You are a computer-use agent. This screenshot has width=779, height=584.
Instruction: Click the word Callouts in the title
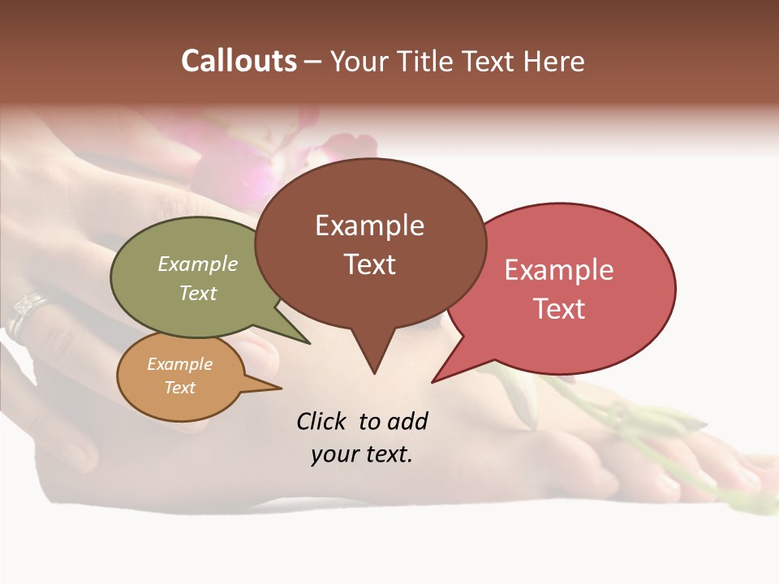(x=239, y=61)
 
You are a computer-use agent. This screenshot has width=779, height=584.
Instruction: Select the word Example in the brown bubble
(x=369, y=225)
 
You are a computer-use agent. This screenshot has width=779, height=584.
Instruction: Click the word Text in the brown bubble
(x=369, y=264)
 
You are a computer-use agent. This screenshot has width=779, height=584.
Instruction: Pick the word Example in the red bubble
(x=559, y=270)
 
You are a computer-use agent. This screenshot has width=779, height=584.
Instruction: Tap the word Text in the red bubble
(x=559, y=309)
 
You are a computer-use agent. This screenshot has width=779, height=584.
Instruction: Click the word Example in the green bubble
(x=198, y=264)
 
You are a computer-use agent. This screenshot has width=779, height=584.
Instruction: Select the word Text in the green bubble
(x=198, y=293)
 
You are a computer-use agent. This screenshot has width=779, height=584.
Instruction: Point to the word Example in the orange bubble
(x=179, y=364)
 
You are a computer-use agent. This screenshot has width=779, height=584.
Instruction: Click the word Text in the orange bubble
(x=179, y=388)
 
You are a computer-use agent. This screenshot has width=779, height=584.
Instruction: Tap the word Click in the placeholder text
(x=323, y=422)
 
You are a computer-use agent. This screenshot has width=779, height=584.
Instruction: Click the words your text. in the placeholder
(x=362, y=454)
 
